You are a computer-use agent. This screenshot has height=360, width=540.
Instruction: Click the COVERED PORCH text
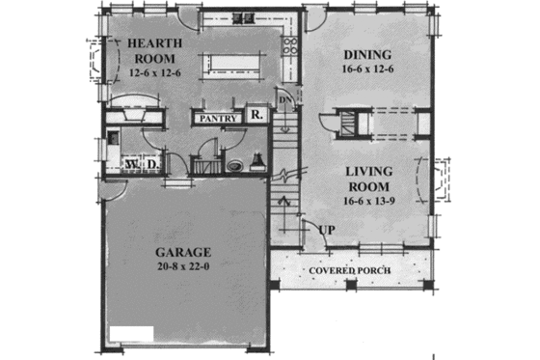(350, 269)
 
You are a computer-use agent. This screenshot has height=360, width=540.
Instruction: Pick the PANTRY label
(218, 118)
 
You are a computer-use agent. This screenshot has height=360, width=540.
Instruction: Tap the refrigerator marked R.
(256, 115)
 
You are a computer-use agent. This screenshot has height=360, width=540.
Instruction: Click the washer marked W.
(132, 165)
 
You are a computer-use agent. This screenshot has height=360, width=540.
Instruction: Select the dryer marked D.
(153, 165)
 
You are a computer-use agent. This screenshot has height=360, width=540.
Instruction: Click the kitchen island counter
(235, 63)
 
